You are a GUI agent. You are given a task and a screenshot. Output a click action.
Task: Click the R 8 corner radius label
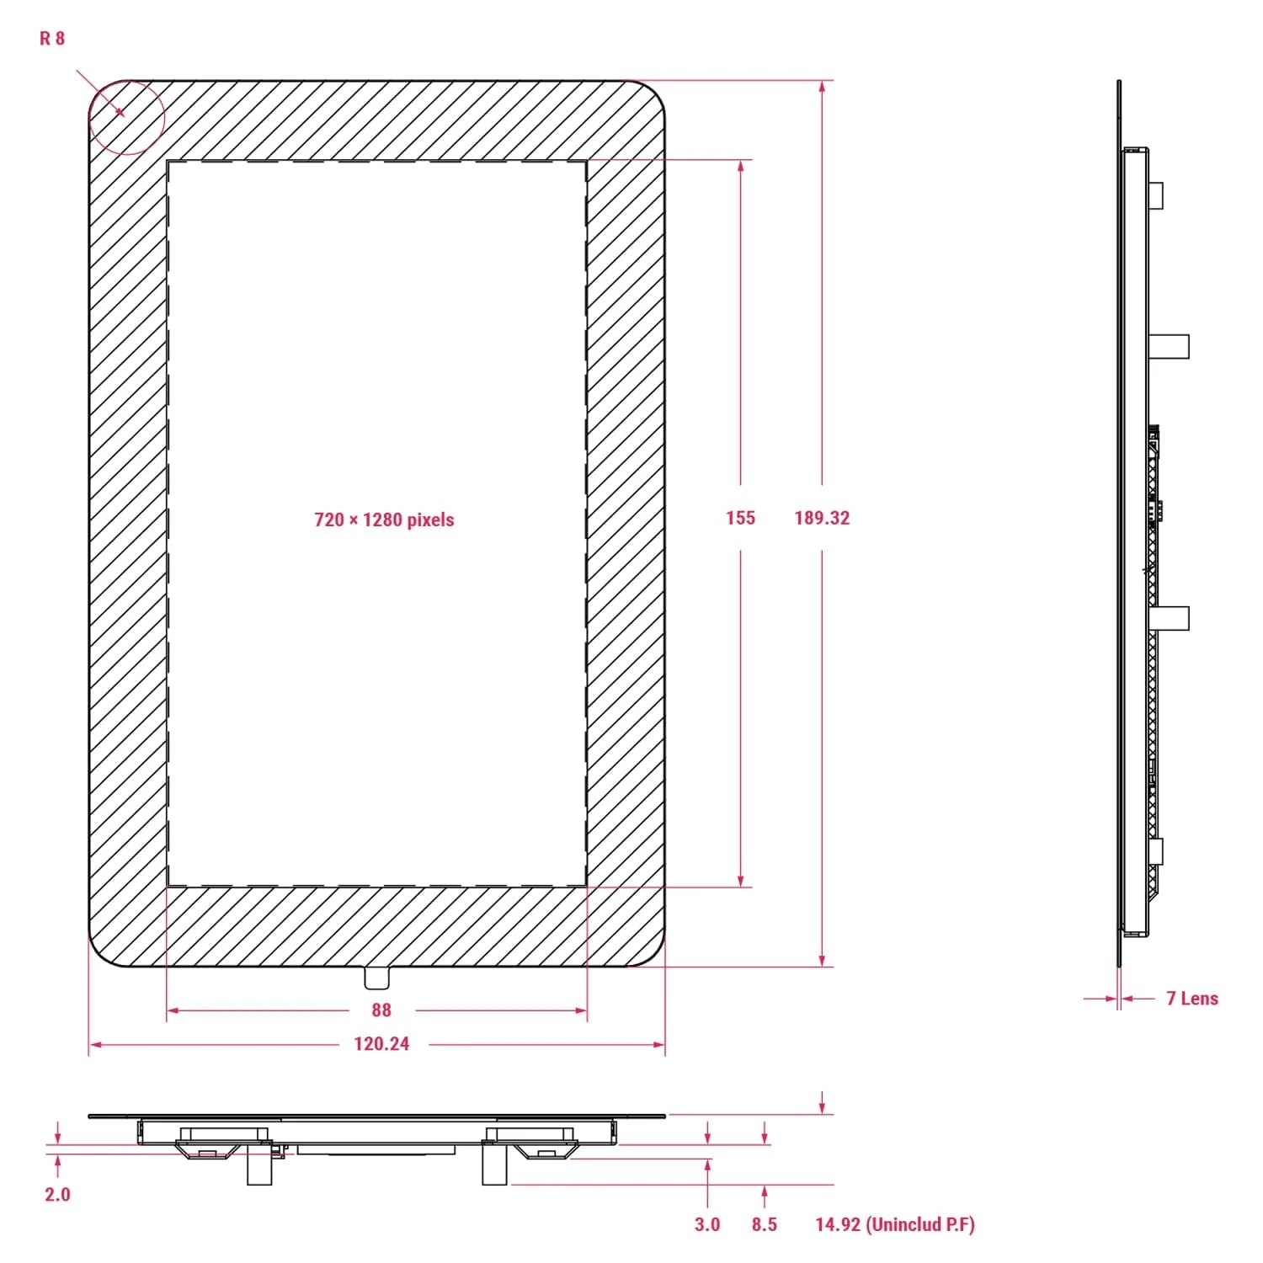pyautogui.click(x=52, y=39)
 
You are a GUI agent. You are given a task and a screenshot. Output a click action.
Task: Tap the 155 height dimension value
pyautogui.click(x=740, y=518)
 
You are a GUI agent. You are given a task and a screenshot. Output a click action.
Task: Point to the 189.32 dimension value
pyautogui.click(x=822, y=518)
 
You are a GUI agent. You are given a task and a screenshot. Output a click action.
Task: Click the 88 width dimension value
pyautogui.click(x=381, y=1010)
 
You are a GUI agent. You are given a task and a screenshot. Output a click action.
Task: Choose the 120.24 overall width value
pyautogui.click(x=381, y=1044)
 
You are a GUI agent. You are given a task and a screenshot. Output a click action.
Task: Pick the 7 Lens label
pyautogui.click(x=1191, y=999)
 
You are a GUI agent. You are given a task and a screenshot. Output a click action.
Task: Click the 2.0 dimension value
pyautogui.click(x=57, y=1194)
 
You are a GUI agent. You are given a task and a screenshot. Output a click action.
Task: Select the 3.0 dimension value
pyautogui.click(x=707, y=1224)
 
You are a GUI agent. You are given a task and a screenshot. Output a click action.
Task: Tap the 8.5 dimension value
pyautogui.click(x=764, y=1224)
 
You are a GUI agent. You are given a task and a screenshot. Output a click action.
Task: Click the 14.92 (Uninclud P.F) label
pyautogui.click(x=894, y=1224)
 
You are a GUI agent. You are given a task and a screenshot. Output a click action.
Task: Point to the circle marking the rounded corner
pyautogui.click(x=126, y=118)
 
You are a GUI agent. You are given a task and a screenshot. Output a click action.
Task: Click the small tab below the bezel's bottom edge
pyautogui.click(x=377, y=978)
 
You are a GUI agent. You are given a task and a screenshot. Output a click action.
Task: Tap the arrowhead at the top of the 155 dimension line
pyautogui.click(x=741, y=166)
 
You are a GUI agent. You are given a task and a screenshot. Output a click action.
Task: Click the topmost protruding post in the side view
pyautogui.click(x=1157, y=195)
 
